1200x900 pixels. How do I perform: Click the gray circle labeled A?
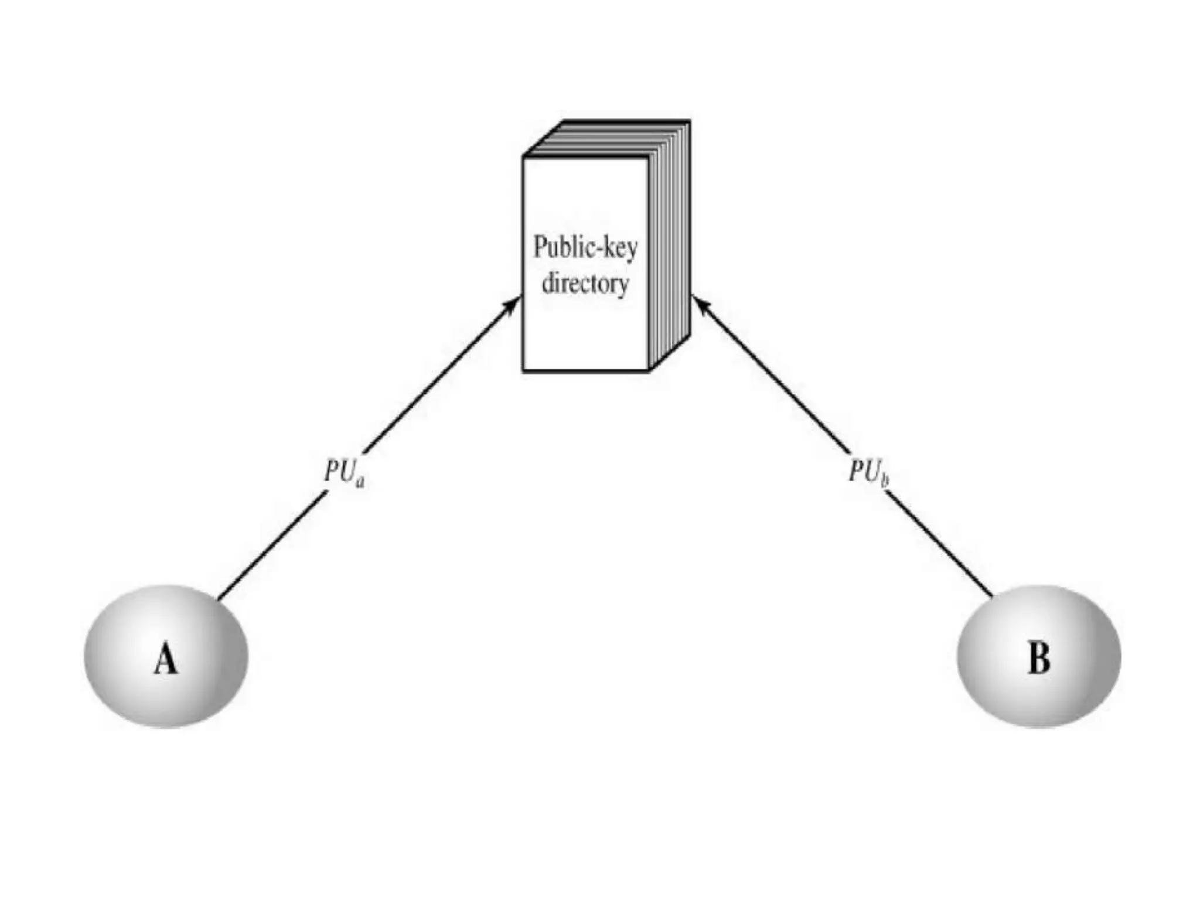coord(166,656)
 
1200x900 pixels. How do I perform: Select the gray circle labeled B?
coord(1038,656)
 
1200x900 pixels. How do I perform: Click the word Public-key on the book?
coord(585,247)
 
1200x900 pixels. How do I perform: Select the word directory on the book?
coord(585,284)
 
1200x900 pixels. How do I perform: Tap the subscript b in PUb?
coord(885,481)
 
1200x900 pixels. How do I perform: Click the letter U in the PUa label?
coord(347,471)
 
